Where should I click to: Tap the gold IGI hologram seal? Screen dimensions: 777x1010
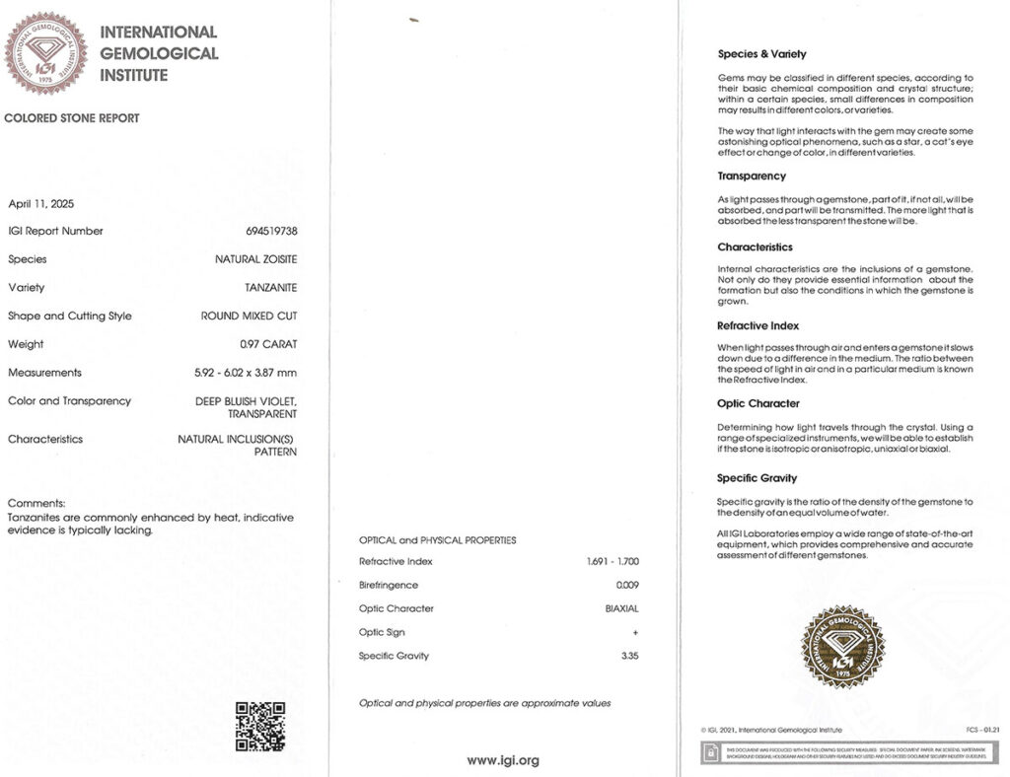pos(842,647)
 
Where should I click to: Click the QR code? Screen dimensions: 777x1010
pos(260,727)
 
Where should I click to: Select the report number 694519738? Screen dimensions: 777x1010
pos(271,231)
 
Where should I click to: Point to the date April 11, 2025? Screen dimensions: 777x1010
pos(40,204)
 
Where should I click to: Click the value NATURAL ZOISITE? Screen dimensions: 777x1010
pos(255,259)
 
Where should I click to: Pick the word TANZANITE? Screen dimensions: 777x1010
pos(270,288)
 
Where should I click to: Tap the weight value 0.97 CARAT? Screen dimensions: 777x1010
pos(268,344)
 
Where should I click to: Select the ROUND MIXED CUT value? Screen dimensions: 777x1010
pos(249,317)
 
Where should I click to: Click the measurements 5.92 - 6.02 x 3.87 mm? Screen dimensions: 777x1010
pos(246,373)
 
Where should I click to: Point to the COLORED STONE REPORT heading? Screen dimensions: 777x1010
pos(72,118)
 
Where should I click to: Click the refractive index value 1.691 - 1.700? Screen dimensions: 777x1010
pos(612,562)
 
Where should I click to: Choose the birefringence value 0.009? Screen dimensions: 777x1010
pos(627,586)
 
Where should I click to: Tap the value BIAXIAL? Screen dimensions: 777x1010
pos(621,609)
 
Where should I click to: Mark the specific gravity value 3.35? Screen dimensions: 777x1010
pos(629,656)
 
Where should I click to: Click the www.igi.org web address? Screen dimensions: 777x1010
pos(503,760)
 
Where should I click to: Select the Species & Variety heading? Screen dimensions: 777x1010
pos(761,54)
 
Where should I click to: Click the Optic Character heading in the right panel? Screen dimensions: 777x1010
pos(758,403)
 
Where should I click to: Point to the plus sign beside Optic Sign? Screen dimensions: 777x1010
pos(635,633)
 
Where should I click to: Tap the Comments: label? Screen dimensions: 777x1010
pos(36,503)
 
